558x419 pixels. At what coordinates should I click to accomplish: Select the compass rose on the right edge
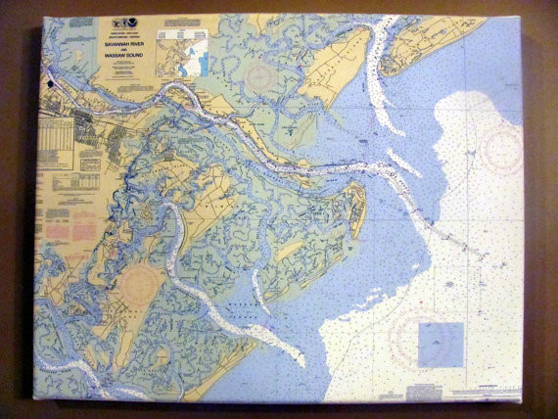point(502,150)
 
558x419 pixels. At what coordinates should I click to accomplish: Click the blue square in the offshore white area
point(441,344)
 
